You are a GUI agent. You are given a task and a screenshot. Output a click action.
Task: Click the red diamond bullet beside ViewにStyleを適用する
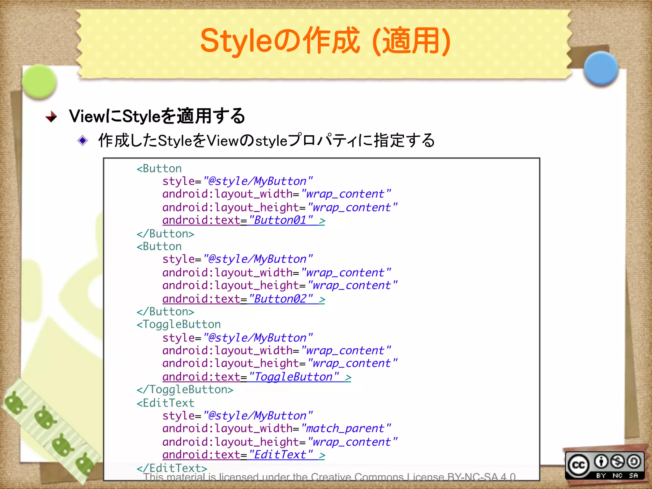[51, 117]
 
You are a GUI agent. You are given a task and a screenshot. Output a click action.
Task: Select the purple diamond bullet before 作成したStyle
[82, 140]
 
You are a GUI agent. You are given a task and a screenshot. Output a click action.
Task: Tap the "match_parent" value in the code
[346, 429]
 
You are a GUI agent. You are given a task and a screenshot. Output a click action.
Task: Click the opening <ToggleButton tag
[179, 324]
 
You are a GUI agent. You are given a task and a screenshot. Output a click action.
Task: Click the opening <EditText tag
[166, 403]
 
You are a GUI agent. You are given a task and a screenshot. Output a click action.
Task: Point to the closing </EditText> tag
[172, 468]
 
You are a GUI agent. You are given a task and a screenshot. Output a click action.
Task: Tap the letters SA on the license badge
[633, 475]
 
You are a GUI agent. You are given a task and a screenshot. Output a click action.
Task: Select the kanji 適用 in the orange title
[411, 41]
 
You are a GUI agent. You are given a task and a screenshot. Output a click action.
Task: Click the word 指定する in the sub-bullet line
[404, 140]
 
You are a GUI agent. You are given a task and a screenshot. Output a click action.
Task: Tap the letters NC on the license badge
[617, 475]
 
